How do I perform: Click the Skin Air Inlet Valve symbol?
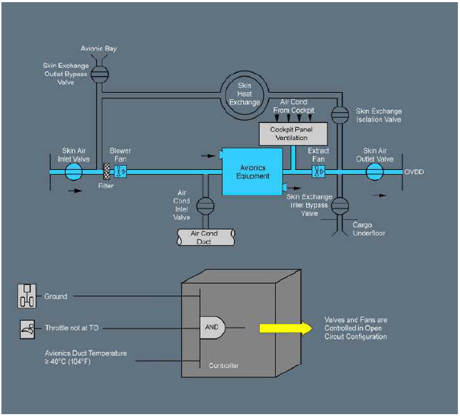click(73, 171)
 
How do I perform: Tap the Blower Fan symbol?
click(121, 171)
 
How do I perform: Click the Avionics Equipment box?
click(253, 171)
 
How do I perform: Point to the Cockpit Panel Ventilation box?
click(293, 134)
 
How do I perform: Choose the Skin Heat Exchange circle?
click(245, 93)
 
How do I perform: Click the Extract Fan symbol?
click(318, 171)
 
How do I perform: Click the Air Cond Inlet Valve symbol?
click(205, 206)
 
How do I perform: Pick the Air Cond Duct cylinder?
click(205, 237)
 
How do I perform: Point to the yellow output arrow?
click(285, 328)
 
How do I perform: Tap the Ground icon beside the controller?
click(26, 296)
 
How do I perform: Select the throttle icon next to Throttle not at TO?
click(26, 328)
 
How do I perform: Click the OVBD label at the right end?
click(414, 172)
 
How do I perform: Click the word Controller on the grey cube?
click(223, 366)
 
